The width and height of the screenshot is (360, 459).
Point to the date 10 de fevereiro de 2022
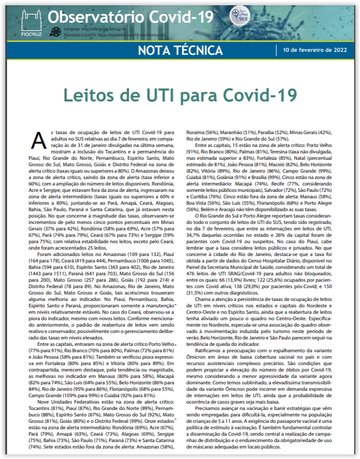pos(319,51)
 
